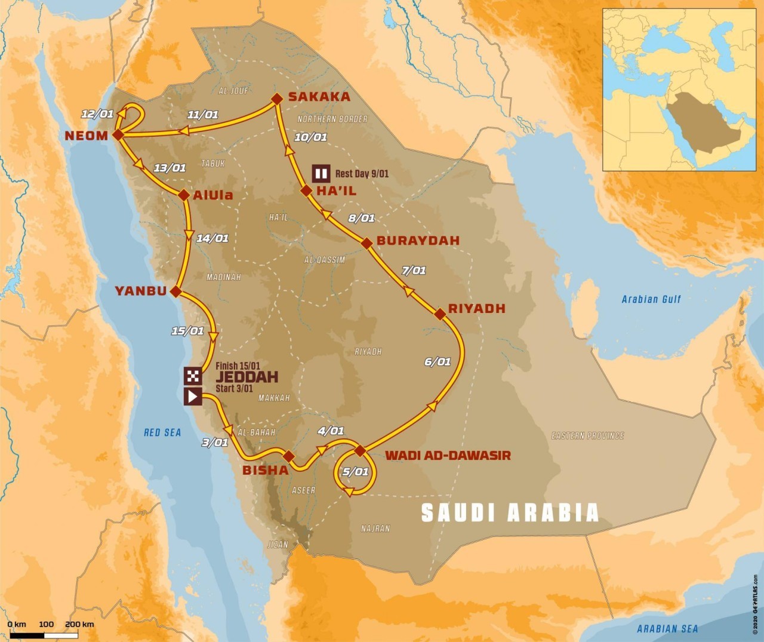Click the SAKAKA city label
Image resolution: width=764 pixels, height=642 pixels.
pos(319,97)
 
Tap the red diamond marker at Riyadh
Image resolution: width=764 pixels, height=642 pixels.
pos(440,314)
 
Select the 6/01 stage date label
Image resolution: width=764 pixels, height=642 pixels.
pos(438,361)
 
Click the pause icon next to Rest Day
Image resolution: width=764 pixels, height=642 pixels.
pos(321,174)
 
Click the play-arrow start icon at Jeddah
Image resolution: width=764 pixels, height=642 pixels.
pos(193,396)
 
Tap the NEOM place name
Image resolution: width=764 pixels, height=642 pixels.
pos(87,136)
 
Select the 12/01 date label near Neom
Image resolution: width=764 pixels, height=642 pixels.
pos(97,114)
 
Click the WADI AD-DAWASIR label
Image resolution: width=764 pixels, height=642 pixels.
pos(448,456)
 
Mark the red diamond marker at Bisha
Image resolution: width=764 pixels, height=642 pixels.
pos(289,457)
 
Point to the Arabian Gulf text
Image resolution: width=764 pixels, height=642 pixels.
pos(651,299)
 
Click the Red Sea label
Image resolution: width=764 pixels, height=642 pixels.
pos(162,432)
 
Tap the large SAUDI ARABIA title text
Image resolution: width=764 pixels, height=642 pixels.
pos(510,513)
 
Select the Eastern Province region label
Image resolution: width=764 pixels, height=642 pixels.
pos(587,436)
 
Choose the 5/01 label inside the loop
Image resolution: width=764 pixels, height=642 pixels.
pos(355,472)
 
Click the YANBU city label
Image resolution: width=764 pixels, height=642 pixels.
pos(141,291)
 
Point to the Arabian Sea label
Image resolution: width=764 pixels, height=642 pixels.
pos(667,628)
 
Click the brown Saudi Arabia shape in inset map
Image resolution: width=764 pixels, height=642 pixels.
pos(701,125)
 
